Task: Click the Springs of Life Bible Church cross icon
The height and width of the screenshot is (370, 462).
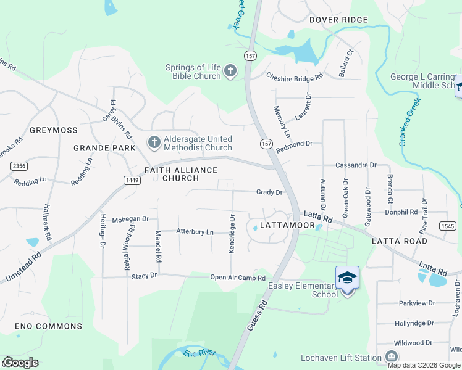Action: pyautogui.click(x=230, y=72)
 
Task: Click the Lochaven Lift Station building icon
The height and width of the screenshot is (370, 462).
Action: pyautogui.click(x=391, y=357)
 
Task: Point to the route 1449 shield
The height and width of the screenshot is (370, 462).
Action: pyautogui.click(x=130, y=180)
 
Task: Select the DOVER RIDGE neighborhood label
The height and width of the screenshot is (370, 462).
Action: pyautogui.click(x=338, y=20)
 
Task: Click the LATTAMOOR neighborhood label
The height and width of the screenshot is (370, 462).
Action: pyautogui.click(x=287, y=226)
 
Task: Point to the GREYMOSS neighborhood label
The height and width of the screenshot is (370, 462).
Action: pyautogui.click(x=53, y=131)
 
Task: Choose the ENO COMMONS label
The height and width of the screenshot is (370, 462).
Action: pyautogui.click(x=41, y=326)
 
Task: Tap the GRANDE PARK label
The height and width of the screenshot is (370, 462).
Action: pyautogui.click(x=104, y=148)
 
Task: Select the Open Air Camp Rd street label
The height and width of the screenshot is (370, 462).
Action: pyautogui.click(x=238, y=277)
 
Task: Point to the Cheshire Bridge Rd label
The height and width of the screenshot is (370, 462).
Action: pyautogui.click(x=295, y=77)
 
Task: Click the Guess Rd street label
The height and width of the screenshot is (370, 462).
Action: pyautogui.click(x=257, y=314)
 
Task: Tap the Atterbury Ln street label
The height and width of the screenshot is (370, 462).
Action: pyautogui.click(x=195, y=232)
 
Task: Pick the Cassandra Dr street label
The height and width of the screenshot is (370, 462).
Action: pyautogui.click(x=356, y=165)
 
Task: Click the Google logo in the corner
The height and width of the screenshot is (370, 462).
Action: pyautogui.click(x=20, y=363)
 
